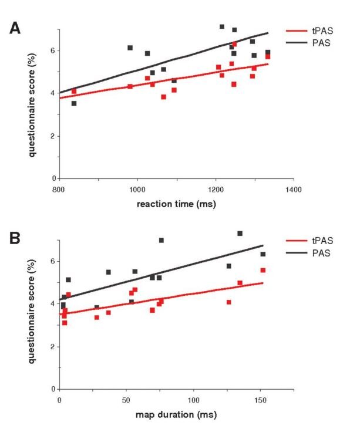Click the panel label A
click(17, 28)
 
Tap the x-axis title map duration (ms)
click(176, 415)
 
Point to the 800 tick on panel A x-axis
click(59, 190)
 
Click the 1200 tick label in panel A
click(216, 190)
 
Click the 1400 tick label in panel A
click(293, 190)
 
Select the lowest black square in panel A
click(74, 103)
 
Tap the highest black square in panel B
click(240, 234)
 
